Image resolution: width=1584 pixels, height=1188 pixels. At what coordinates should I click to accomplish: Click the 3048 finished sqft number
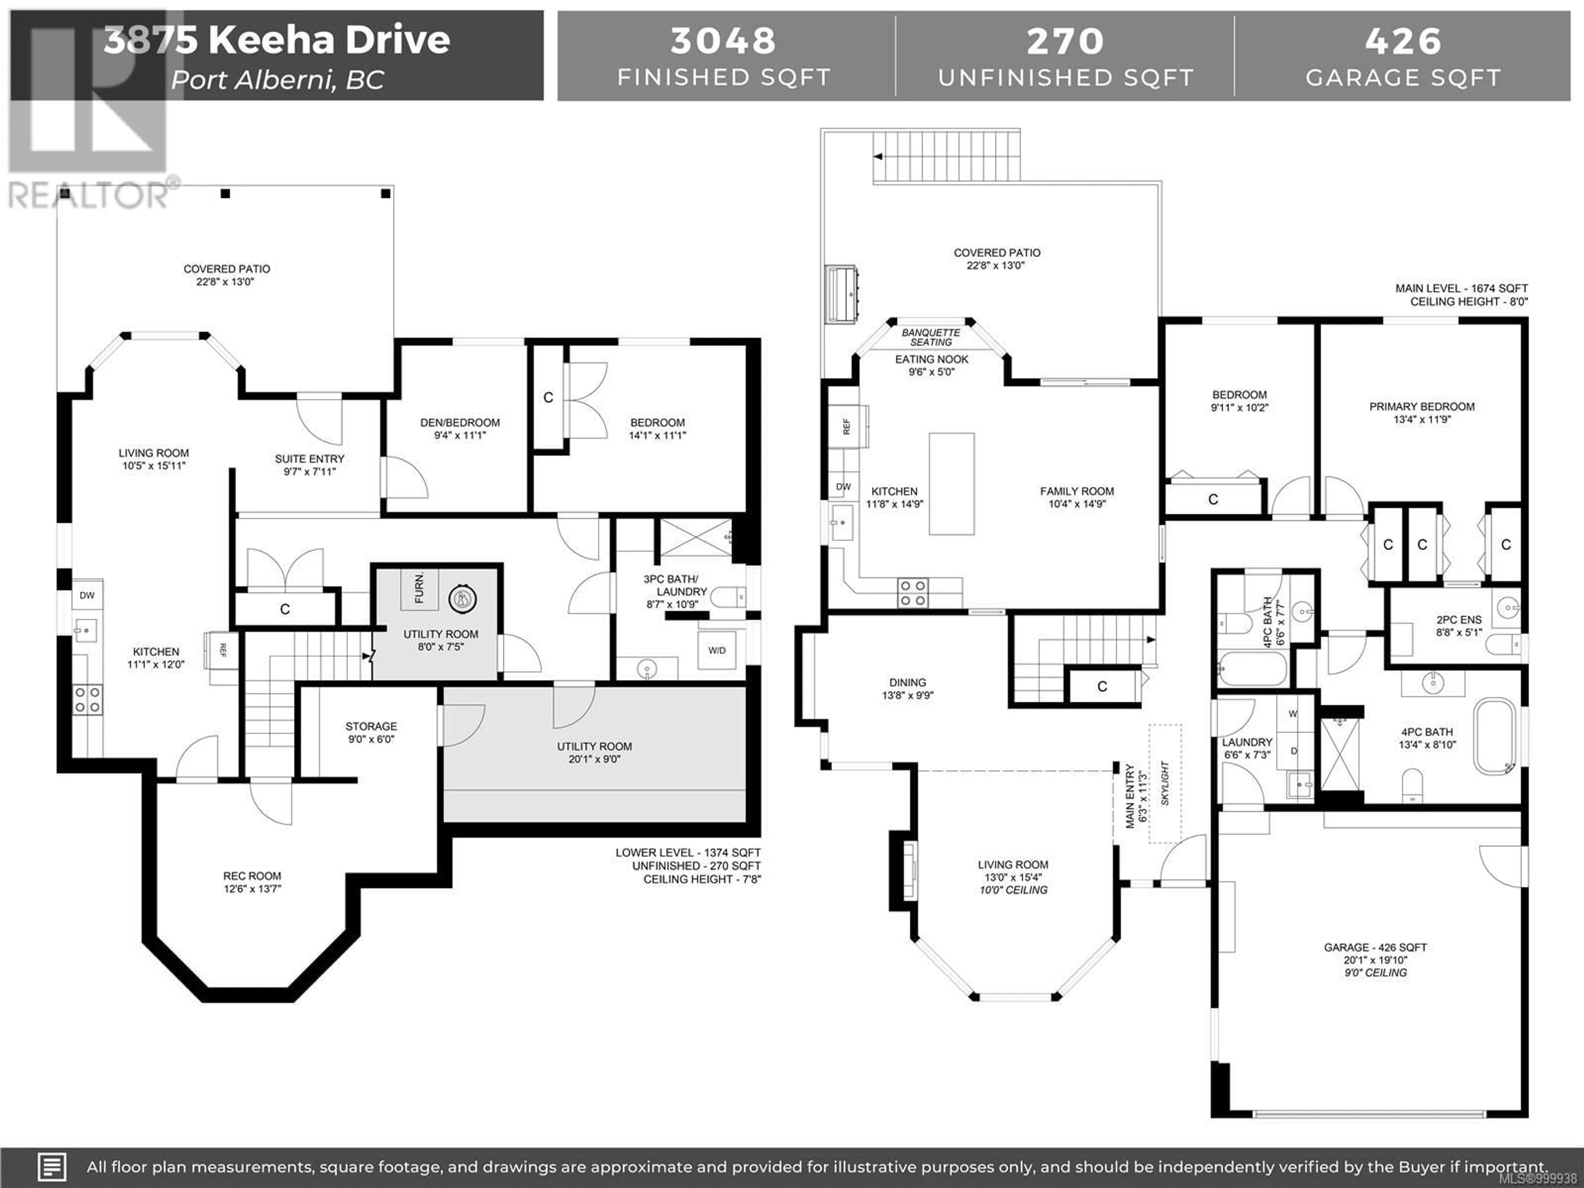coord(723,41)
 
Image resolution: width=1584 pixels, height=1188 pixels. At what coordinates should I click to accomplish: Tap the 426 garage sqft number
coord(1403,41)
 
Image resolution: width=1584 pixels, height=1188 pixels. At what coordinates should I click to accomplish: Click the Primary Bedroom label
coord(1421,407)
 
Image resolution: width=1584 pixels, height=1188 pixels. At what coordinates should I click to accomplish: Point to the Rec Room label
coord(252,876)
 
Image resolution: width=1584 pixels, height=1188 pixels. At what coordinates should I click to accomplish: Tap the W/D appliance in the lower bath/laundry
coord(717,650)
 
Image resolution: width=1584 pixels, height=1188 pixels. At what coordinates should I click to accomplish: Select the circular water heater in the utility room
coord(462,599)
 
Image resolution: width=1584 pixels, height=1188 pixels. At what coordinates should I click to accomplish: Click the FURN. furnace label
coord(419,588)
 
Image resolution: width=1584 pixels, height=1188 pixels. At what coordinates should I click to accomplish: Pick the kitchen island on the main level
coord(952,484)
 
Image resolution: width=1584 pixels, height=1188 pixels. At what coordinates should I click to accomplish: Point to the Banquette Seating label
coord(931,338)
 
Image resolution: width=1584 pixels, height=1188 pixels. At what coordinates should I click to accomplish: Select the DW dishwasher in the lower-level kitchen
coord(87,595)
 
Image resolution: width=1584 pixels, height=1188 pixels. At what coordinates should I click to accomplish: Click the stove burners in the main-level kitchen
coord(913,593)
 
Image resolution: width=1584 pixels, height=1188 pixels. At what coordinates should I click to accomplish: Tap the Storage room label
coord(371,726)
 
